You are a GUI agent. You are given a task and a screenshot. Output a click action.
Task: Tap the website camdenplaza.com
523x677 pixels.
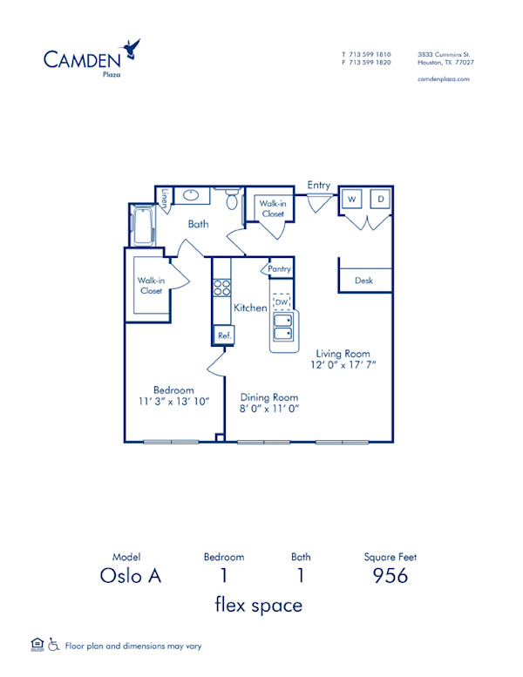tap(444, 78)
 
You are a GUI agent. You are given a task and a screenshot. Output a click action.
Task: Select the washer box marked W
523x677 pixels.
tap(352, 200)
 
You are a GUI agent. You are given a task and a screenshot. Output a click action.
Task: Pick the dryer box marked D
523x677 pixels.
tap(380, 200)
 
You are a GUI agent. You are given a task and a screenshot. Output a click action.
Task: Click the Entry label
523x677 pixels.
tap(319, 185)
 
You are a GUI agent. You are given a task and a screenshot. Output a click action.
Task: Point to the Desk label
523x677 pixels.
tap(363, 281)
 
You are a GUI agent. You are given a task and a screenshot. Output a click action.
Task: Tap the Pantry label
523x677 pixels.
tap(279, 269)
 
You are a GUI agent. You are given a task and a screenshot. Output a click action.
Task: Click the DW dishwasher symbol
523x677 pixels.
tap(281, 301)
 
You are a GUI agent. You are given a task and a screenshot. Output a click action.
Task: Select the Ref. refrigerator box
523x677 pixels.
tap(223, 335)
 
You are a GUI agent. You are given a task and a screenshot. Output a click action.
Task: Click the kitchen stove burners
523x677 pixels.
tap(221, 288)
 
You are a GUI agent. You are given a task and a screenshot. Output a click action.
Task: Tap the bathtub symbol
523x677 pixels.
tap(141, 225)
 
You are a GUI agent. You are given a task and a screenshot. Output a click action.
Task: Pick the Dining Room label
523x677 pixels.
tap(269, 396)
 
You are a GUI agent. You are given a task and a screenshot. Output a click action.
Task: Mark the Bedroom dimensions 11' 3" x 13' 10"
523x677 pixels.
tap(173, 403)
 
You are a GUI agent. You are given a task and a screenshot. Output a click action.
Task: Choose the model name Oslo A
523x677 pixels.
tap(132, 575)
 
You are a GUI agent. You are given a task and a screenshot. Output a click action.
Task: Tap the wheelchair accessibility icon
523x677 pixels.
tap(53, 646)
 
